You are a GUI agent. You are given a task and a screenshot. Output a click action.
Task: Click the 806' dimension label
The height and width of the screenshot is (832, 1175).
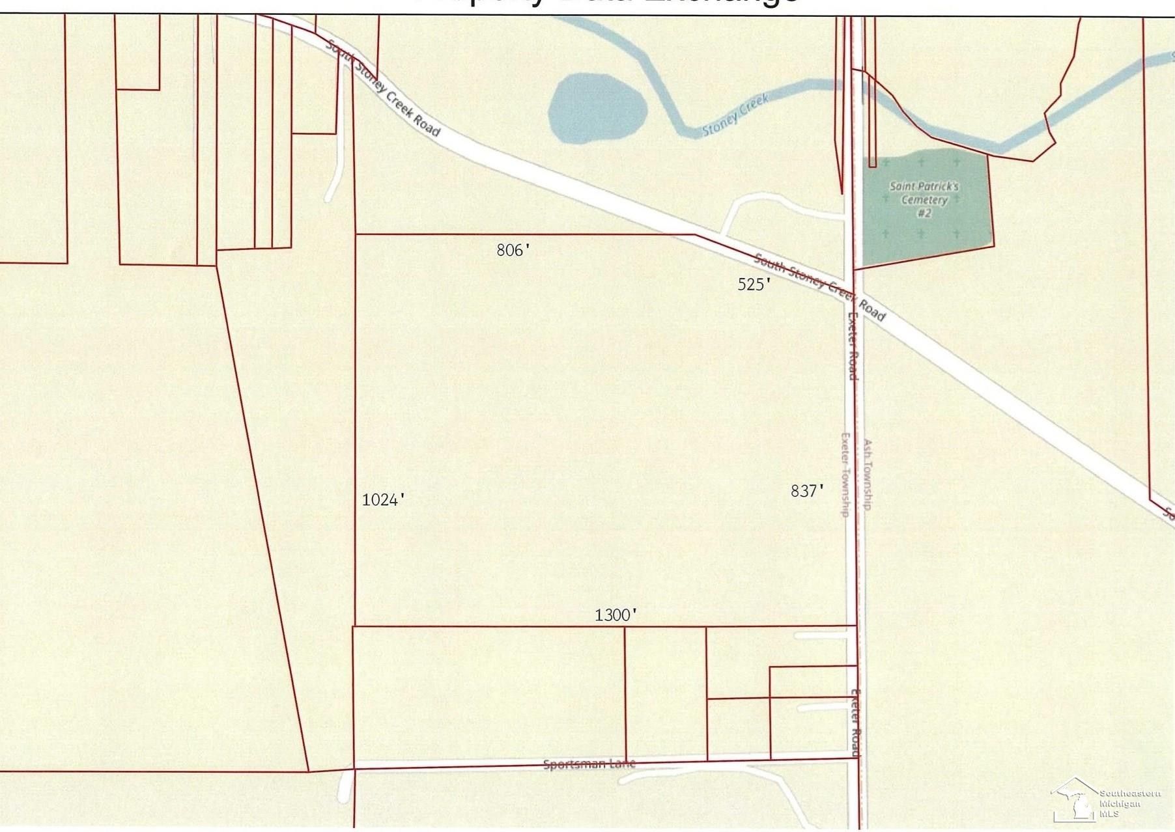pos(513,250)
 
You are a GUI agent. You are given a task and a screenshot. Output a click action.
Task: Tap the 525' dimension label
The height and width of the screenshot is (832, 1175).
pos(754,284)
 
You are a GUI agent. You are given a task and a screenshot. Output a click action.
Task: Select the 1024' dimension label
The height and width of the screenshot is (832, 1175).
pos(383,499)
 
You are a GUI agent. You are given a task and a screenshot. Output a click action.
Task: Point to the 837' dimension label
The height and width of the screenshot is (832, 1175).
pos(807,491)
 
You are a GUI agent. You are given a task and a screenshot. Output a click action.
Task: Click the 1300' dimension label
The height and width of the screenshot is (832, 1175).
pos(615,615)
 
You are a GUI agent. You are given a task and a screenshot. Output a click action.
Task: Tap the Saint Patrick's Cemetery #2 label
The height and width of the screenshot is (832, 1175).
pos(924,199)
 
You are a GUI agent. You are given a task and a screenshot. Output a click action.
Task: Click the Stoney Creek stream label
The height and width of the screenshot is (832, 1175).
pos(735,115)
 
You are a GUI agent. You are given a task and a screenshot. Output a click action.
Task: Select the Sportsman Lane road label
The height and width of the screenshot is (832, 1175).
pos(589,764)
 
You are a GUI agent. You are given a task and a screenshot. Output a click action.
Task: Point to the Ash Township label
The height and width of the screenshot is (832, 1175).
pos(868,474)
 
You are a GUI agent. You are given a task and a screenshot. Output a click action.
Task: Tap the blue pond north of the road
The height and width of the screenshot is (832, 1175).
pos(596,108)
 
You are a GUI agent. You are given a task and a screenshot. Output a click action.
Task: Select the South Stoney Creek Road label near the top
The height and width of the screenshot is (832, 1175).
pos(382,89)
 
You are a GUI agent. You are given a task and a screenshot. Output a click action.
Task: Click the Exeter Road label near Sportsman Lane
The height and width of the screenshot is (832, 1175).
pos(856,723)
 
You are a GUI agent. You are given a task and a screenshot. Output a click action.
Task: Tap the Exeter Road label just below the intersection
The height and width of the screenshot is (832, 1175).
pos(852,346)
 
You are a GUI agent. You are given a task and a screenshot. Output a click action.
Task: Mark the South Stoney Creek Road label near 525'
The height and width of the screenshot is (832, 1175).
pos(819,287)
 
